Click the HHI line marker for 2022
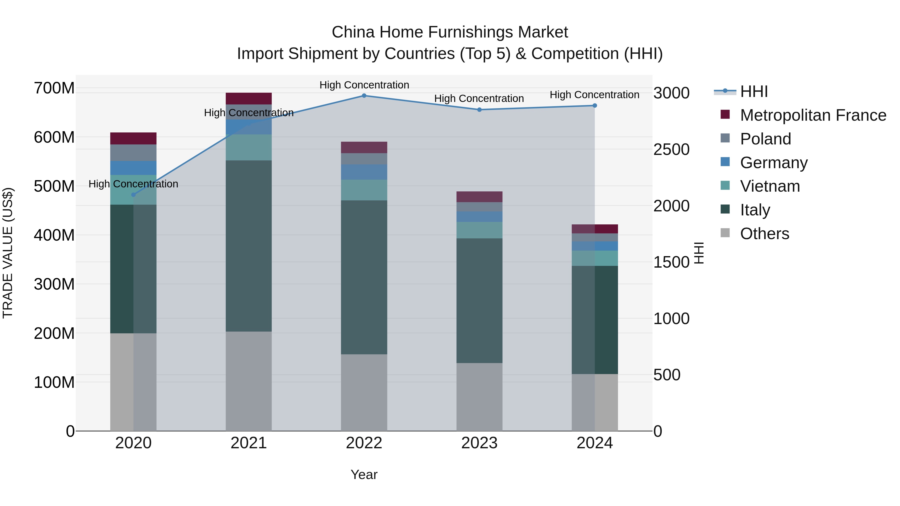(364, 96)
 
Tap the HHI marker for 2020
(133, 194)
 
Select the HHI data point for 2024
(595, 105)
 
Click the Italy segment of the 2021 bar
(248, 246)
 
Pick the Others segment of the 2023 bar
(479, 397)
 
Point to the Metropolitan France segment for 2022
(364, 147)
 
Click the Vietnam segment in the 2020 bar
(133, 190)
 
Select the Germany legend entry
(773, 163)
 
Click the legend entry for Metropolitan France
(813, 115)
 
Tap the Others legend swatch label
(764, 234)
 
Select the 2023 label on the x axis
(479, 443)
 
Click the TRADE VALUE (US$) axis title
(8, 253)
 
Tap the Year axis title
(364, 475)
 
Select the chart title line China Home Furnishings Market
(450, 32)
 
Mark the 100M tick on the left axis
(54, 382)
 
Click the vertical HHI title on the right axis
(698, 253)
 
